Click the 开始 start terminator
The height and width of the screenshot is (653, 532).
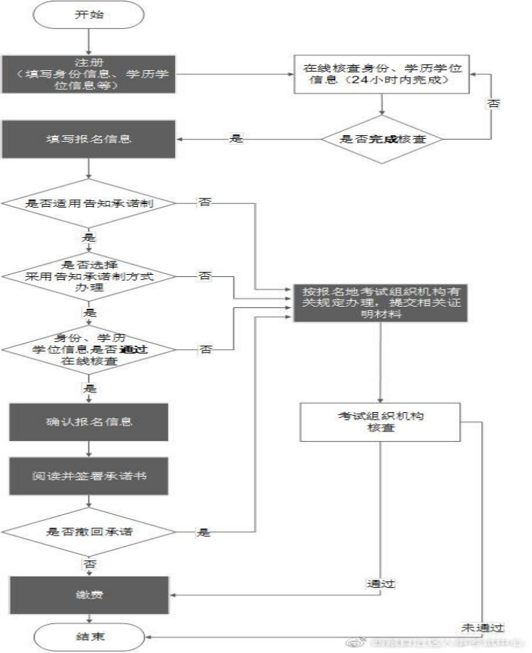pyautogui.click(x=89, y=15)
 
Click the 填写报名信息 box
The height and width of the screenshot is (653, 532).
pyautogui.click(x=89, y=139)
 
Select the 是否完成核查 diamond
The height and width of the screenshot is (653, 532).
pyautogui.click(x=383, y=139)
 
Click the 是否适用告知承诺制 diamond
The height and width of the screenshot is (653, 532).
pyautogui.click(x=89, y=203)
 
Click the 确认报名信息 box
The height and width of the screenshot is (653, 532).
pyautogui.click(x=89, y=422)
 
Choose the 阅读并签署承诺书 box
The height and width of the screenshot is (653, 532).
pyautogui.click(x=89, y=476)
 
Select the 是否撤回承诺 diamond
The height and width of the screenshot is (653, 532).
pyautogui.click(x=89, y=533)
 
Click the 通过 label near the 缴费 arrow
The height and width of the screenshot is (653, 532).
pyautogui.click(x=380, y=584)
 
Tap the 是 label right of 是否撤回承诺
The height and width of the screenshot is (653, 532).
pyautogui.click(x=204, y=533)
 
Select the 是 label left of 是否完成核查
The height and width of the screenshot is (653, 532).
pyautogui.click(x=236, y=139)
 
